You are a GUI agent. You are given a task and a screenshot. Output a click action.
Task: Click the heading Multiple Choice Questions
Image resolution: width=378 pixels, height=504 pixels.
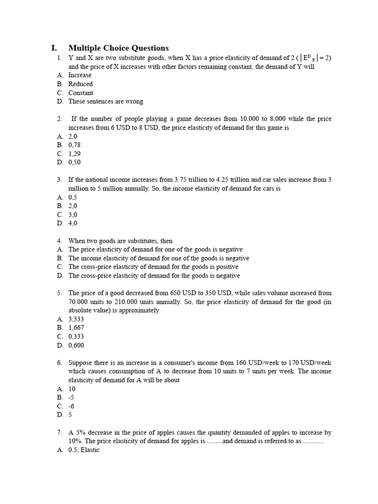coord(118,48)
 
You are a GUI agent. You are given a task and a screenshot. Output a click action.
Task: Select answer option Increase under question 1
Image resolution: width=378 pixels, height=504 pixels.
coord(80,75)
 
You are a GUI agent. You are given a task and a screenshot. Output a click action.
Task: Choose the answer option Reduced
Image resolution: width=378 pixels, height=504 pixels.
coord(80,84)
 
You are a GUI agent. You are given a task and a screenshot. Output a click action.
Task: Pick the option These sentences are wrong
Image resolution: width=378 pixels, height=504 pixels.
coord(105,102)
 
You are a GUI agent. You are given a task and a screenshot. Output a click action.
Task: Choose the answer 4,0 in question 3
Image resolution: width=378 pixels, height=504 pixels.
coord(73,223)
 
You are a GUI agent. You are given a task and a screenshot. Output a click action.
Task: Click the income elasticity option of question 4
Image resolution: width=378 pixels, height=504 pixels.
coord(158,258)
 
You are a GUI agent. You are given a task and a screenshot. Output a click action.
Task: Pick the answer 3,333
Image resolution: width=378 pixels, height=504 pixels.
coord(76,319)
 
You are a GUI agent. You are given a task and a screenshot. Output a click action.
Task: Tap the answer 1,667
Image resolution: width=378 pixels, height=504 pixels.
coord(76,327)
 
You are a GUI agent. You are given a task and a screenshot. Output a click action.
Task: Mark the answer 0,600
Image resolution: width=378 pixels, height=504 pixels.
coord(76,345)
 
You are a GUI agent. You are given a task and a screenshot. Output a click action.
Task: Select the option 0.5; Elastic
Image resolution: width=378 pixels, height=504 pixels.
coord(84,450)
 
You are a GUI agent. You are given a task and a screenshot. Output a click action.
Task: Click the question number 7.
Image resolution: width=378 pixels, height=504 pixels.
coord(59,433)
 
